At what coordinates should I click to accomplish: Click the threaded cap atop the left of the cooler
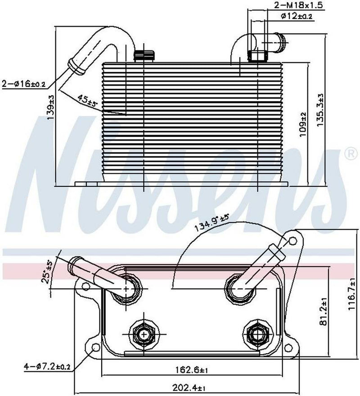click(144, 56)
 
